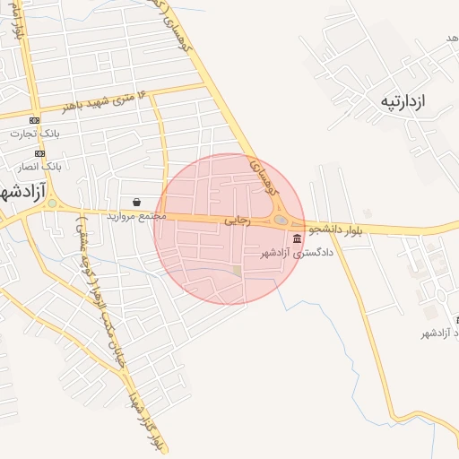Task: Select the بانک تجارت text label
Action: point(32,134)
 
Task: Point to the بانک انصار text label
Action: point(39,167)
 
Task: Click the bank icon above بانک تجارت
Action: point(34,120)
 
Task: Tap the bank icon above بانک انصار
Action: point(40,153)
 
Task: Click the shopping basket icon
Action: point(136,203)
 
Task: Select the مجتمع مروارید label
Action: point(137,216)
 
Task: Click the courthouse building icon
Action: point(297,238)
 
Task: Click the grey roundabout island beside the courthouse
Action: point(281,220)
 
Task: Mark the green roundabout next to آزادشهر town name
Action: point(53,204)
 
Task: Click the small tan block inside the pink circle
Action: point(237,270)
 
